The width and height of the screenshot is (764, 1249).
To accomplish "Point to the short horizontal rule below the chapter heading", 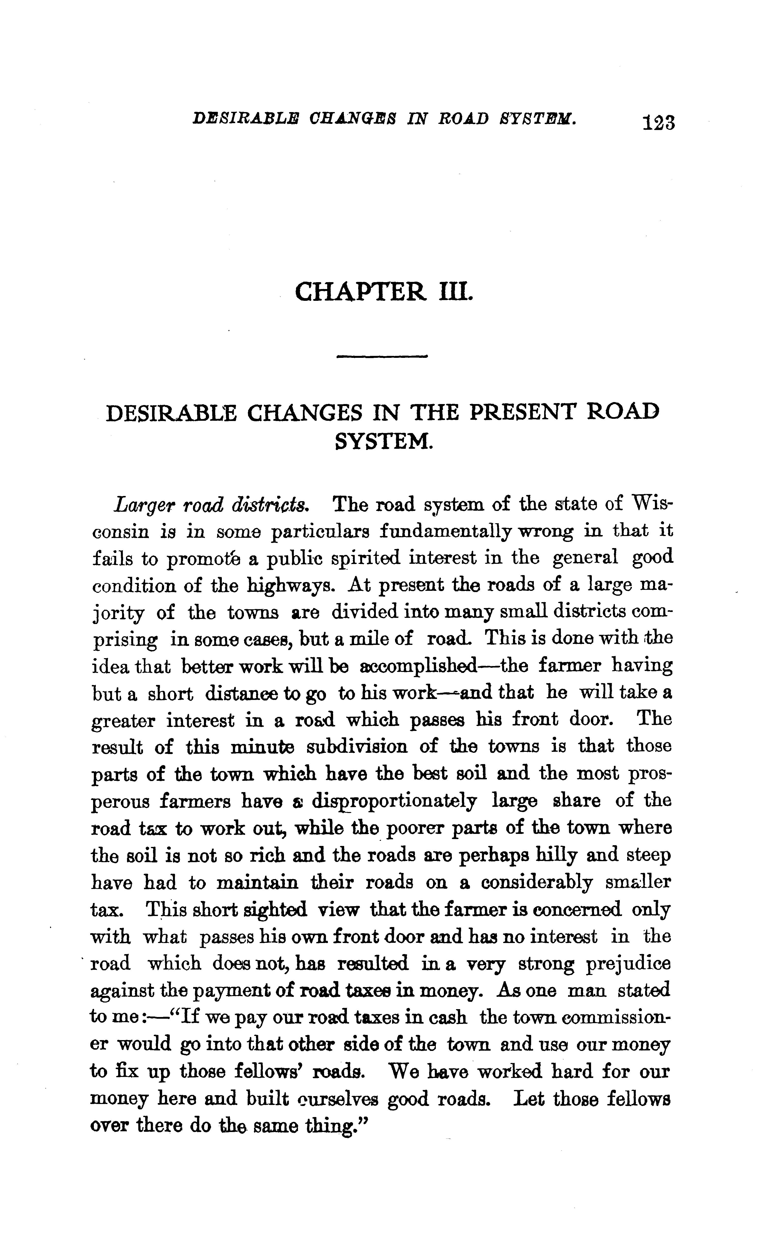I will tap(382, 356).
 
